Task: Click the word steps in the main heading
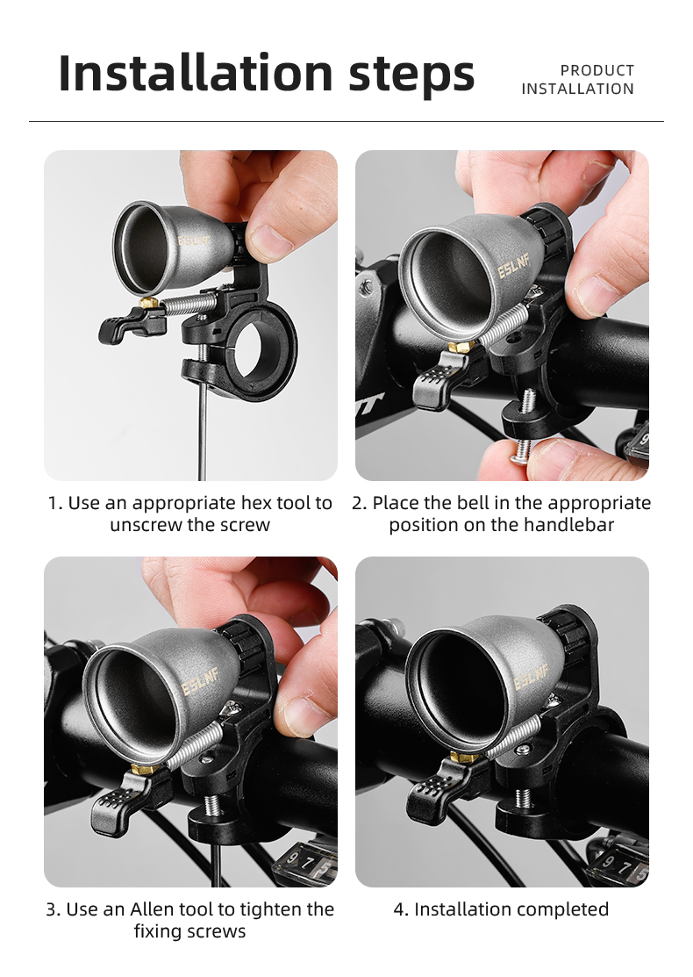pos(411,74)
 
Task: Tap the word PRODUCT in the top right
pos(597,70)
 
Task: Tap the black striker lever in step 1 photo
pos(119,328)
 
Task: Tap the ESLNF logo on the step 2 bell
pos(511,266)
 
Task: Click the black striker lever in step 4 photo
pos(432,790)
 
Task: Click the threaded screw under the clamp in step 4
pos(524,798)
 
